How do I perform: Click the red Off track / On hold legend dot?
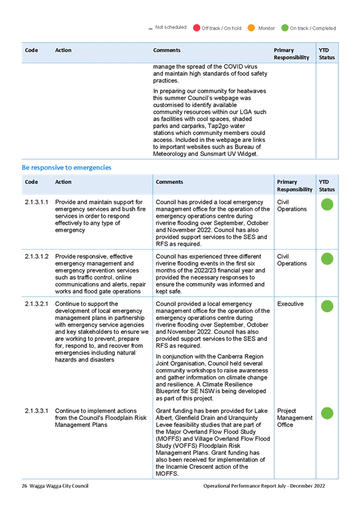tap(197, 28)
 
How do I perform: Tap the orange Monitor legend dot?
tap(251, 28)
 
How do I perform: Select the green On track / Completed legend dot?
tap(285, 28)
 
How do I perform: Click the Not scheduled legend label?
tap(171, 27)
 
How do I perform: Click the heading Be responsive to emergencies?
tap(67, 168)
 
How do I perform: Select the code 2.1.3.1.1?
tap(37, 202)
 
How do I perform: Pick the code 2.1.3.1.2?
tap(37, 256)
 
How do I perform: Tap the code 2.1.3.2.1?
tap(37, 304)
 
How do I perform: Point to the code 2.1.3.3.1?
tap(37, 411)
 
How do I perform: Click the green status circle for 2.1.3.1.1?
tap(327, 204)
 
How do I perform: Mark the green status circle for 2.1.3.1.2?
tap(327, 259)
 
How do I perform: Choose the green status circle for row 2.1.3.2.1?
tap(327, 306)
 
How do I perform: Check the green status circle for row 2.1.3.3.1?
tap(327, 413)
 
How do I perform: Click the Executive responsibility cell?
tap(290, 304)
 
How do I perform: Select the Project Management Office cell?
tap(294, 417)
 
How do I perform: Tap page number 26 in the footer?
tap(25, 486)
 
